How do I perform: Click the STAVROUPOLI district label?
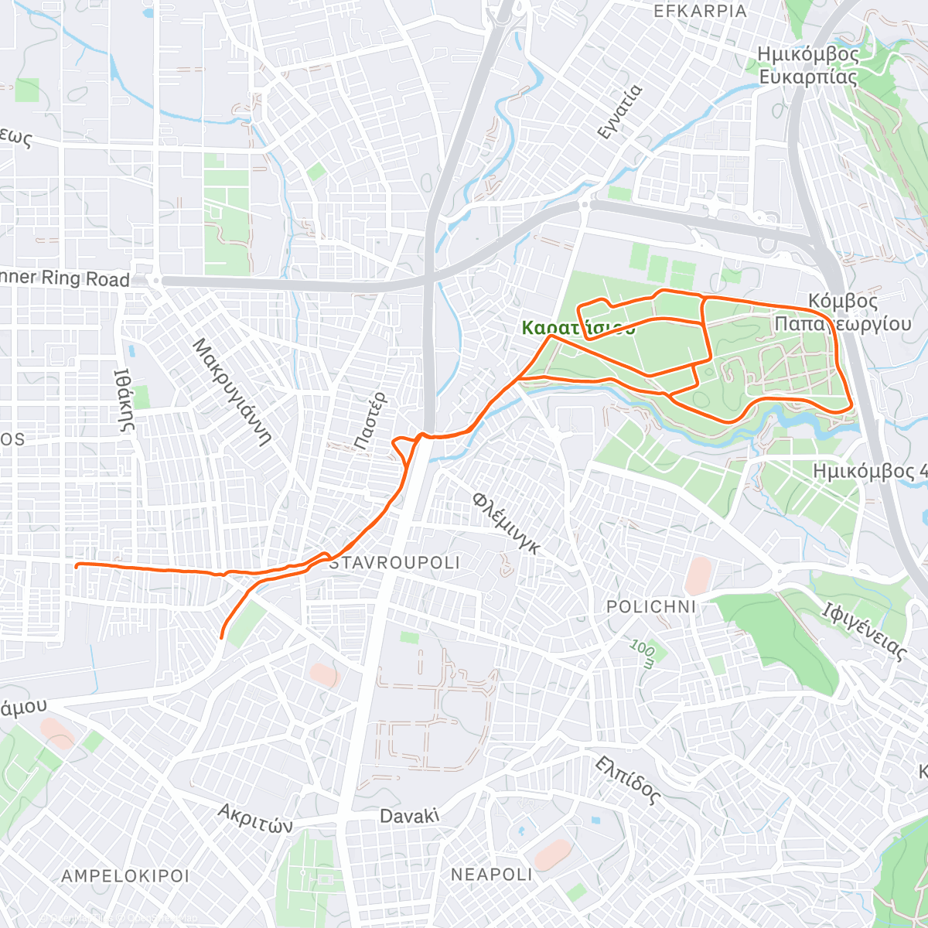(x=394, y=562)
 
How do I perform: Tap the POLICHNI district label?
(x=651, y=606)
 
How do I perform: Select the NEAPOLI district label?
(x=491, y=874)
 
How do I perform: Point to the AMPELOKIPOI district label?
(x=125, y=876)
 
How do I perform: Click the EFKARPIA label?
(x=701, y=11)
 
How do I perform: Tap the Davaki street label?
(x=409, y=816)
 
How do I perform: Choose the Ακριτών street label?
(x=255, y=818)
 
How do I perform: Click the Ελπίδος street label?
(x=628, y=780)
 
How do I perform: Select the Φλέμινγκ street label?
(x=506, y=523)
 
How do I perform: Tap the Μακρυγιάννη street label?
(x=231, y=391)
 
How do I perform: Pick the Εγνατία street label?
(x=620, y=111)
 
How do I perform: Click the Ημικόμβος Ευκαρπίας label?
(x=808, y=66)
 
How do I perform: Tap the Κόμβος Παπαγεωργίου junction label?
(x=843, y=312)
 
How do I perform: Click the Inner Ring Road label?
(x=65, y=278)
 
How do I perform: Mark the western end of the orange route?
(x=77, y=566)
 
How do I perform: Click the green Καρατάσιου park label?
(x=578, y=328)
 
